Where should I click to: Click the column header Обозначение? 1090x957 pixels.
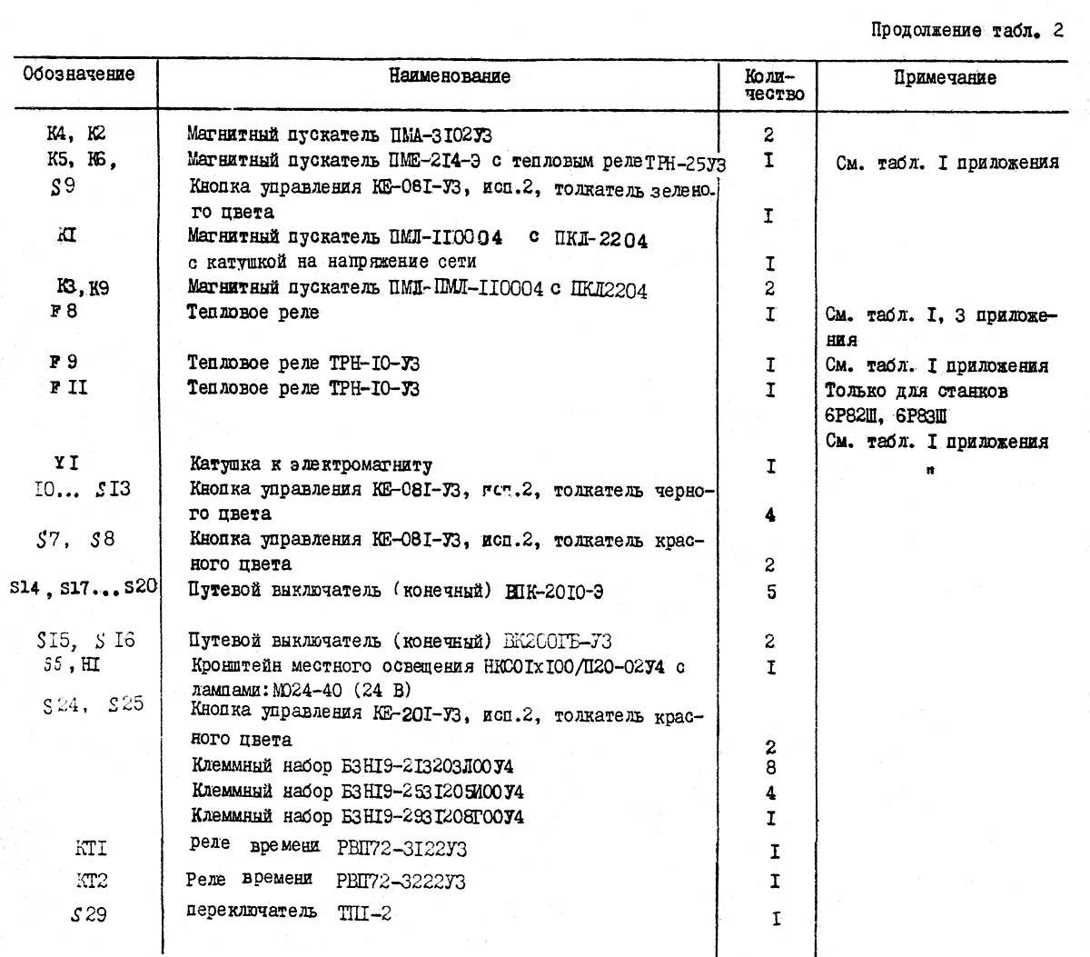click(x=78, y=74)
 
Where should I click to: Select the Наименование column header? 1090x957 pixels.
click(x=450, y=76)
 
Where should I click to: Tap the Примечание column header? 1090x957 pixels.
click(x=945, y=78)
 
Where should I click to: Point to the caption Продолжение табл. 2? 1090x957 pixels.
click(x=966, y=30)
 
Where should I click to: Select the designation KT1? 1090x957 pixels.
click(x=91, y=849)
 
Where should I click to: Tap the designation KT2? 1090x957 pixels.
click(x=91, y=881)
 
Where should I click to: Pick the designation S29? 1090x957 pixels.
click(x=89, y=915)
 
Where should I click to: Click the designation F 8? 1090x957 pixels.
click(x=64, y=311)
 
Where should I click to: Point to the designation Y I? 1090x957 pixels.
click(x=66, y=464)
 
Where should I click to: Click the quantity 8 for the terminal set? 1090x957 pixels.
click(x=770, y=768)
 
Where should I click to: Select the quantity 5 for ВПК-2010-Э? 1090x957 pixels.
click(x=771, y=593)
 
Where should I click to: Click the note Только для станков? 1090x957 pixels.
click(x=916, y=392)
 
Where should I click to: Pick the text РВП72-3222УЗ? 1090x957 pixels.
click(x=401, y=881)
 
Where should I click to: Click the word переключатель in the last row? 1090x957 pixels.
click(x=252, y=912)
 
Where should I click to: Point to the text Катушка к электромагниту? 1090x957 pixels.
click(x=311, y=464)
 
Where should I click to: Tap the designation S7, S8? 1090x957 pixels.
click(x=75, y=540)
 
